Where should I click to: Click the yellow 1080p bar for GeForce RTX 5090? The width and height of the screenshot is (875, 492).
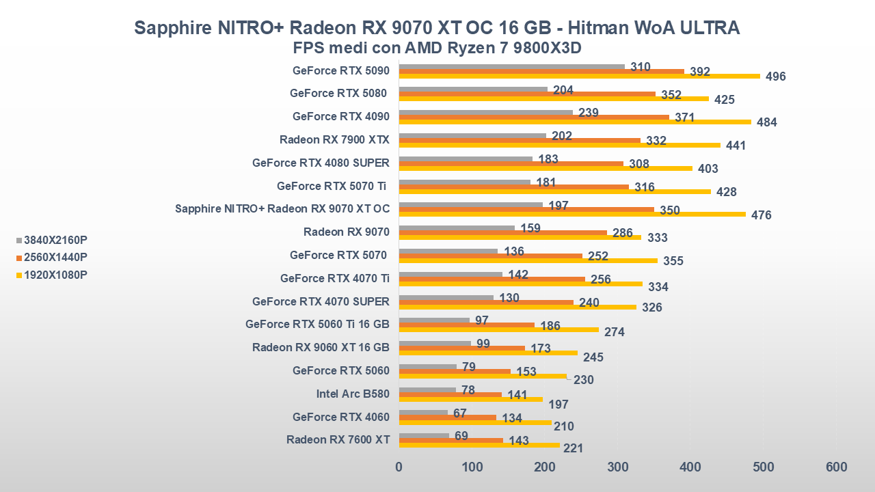point(579,76)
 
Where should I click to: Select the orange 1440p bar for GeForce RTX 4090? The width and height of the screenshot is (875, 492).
point(533,117)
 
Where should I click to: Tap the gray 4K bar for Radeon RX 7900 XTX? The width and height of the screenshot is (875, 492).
point(472,135)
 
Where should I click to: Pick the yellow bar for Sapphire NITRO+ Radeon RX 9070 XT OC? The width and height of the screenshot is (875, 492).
point(572,214)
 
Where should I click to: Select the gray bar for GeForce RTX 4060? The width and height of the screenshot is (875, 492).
point(423,413)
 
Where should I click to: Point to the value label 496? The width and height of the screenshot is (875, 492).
point(775,77)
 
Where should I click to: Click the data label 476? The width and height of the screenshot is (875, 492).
point(761,215)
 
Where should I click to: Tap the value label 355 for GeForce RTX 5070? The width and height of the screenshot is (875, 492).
point(673,261)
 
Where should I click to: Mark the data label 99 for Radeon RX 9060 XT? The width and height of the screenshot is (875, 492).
point(483,343)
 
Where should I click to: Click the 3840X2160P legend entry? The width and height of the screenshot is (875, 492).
point(55,240)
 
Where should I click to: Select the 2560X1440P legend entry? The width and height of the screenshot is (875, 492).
point(55,257)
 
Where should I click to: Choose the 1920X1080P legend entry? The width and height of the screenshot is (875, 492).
point(55,275)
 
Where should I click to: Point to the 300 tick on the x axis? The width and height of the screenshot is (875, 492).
point(617,467)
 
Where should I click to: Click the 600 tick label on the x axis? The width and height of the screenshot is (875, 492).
point(836,467)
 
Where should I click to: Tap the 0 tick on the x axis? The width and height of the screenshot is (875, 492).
point(399,467)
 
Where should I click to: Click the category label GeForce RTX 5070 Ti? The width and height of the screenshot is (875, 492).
point(333,186)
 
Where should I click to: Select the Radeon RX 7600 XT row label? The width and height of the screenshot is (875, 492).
point(338,439)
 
